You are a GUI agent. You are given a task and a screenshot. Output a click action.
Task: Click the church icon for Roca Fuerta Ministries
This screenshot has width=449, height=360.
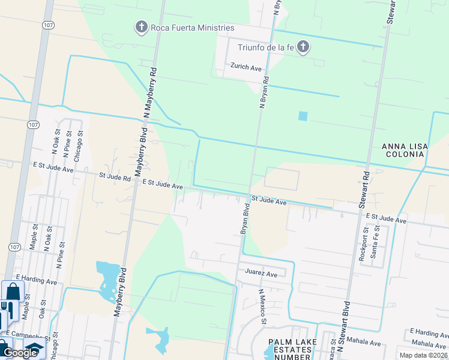click(141, 27)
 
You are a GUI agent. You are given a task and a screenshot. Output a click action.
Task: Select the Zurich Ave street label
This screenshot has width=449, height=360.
click(246, 68)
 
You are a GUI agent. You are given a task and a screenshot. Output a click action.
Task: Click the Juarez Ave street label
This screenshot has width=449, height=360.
click(261, 274)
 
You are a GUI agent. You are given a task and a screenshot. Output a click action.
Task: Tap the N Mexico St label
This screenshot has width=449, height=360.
click(262, 307)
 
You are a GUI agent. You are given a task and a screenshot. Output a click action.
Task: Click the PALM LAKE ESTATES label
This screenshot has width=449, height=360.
click(289, 349)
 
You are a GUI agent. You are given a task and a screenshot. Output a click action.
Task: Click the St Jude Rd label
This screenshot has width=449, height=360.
click(115, 178)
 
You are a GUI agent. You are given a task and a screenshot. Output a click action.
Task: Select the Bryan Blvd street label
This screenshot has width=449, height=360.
click(245, 218)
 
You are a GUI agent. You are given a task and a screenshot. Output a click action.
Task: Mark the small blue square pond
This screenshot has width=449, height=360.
click(303, 116)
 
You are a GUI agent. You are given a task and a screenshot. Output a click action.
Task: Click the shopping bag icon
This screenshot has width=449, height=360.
click(12, 292)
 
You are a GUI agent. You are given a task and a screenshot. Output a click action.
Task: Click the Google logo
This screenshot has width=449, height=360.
click(20, 353)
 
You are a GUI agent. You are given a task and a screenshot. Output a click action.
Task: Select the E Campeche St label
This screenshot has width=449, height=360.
click(27, 334)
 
